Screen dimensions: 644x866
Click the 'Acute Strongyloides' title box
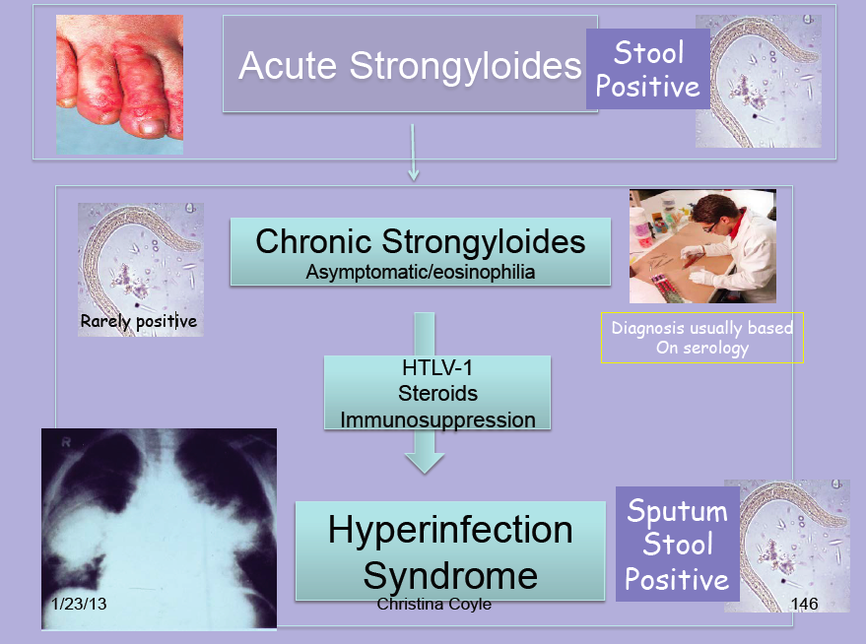[x=410, y=65]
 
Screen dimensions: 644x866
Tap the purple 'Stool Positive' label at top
[x=647, y=69]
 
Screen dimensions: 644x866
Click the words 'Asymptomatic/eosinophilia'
[x=420, y=272]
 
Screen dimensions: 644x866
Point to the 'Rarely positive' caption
[x=139, y=321]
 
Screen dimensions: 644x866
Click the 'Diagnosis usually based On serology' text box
[x=701, y=338]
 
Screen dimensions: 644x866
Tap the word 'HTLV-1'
[x=437, y=370]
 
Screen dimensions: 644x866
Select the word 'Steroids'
[x=437, y=394]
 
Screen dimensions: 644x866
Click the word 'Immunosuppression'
[x=437, y=419]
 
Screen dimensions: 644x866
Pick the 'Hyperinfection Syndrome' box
[x=449, y=551]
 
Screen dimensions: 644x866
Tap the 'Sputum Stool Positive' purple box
[x=677, y=545]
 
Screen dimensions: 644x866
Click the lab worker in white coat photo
[x=702, y=245]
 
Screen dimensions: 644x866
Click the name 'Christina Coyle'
[x=433, y=603]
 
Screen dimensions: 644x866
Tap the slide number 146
[x=804, y=603]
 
